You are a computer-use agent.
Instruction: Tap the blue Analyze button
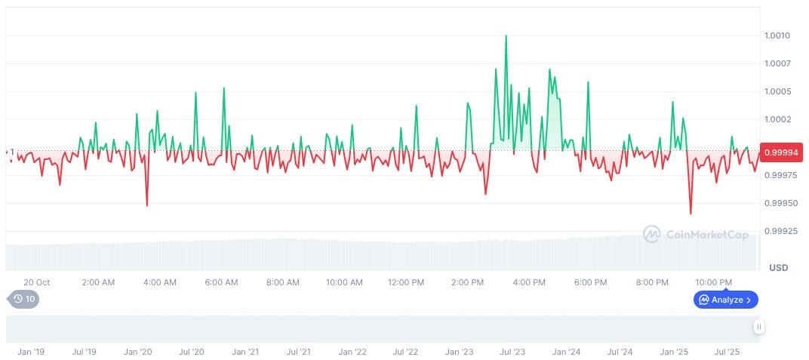click(726, 300)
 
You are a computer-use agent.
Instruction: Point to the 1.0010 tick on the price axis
click(777, 35)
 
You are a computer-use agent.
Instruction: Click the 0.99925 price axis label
click(782, 231)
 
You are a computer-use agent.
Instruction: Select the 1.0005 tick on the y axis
click(777, 91)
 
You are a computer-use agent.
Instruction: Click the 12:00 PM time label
click(406, 282)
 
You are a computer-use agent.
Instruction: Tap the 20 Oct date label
click(36, 282)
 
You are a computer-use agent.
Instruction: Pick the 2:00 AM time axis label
click(98, 282)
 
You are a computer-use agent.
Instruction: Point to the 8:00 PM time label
click(652, 282)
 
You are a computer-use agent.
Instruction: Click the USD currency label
click(778, 268)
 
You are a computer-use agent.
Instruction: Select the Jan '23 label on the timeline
click(459, 352)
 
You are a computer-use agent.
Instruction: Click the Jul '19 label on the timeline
click(84, 352)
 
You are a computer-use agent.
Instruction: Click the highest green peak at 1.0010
click(506, 35)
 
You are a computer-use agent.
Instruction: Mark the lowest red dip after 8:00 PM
click(691, 214)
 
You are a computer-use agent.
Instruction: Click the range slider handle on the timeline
click(758, 327)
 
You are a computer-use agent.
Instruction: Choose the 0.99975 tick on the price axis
click(782, 175)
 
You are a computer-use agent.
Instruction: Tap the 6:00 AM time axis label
click(221, 282)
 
